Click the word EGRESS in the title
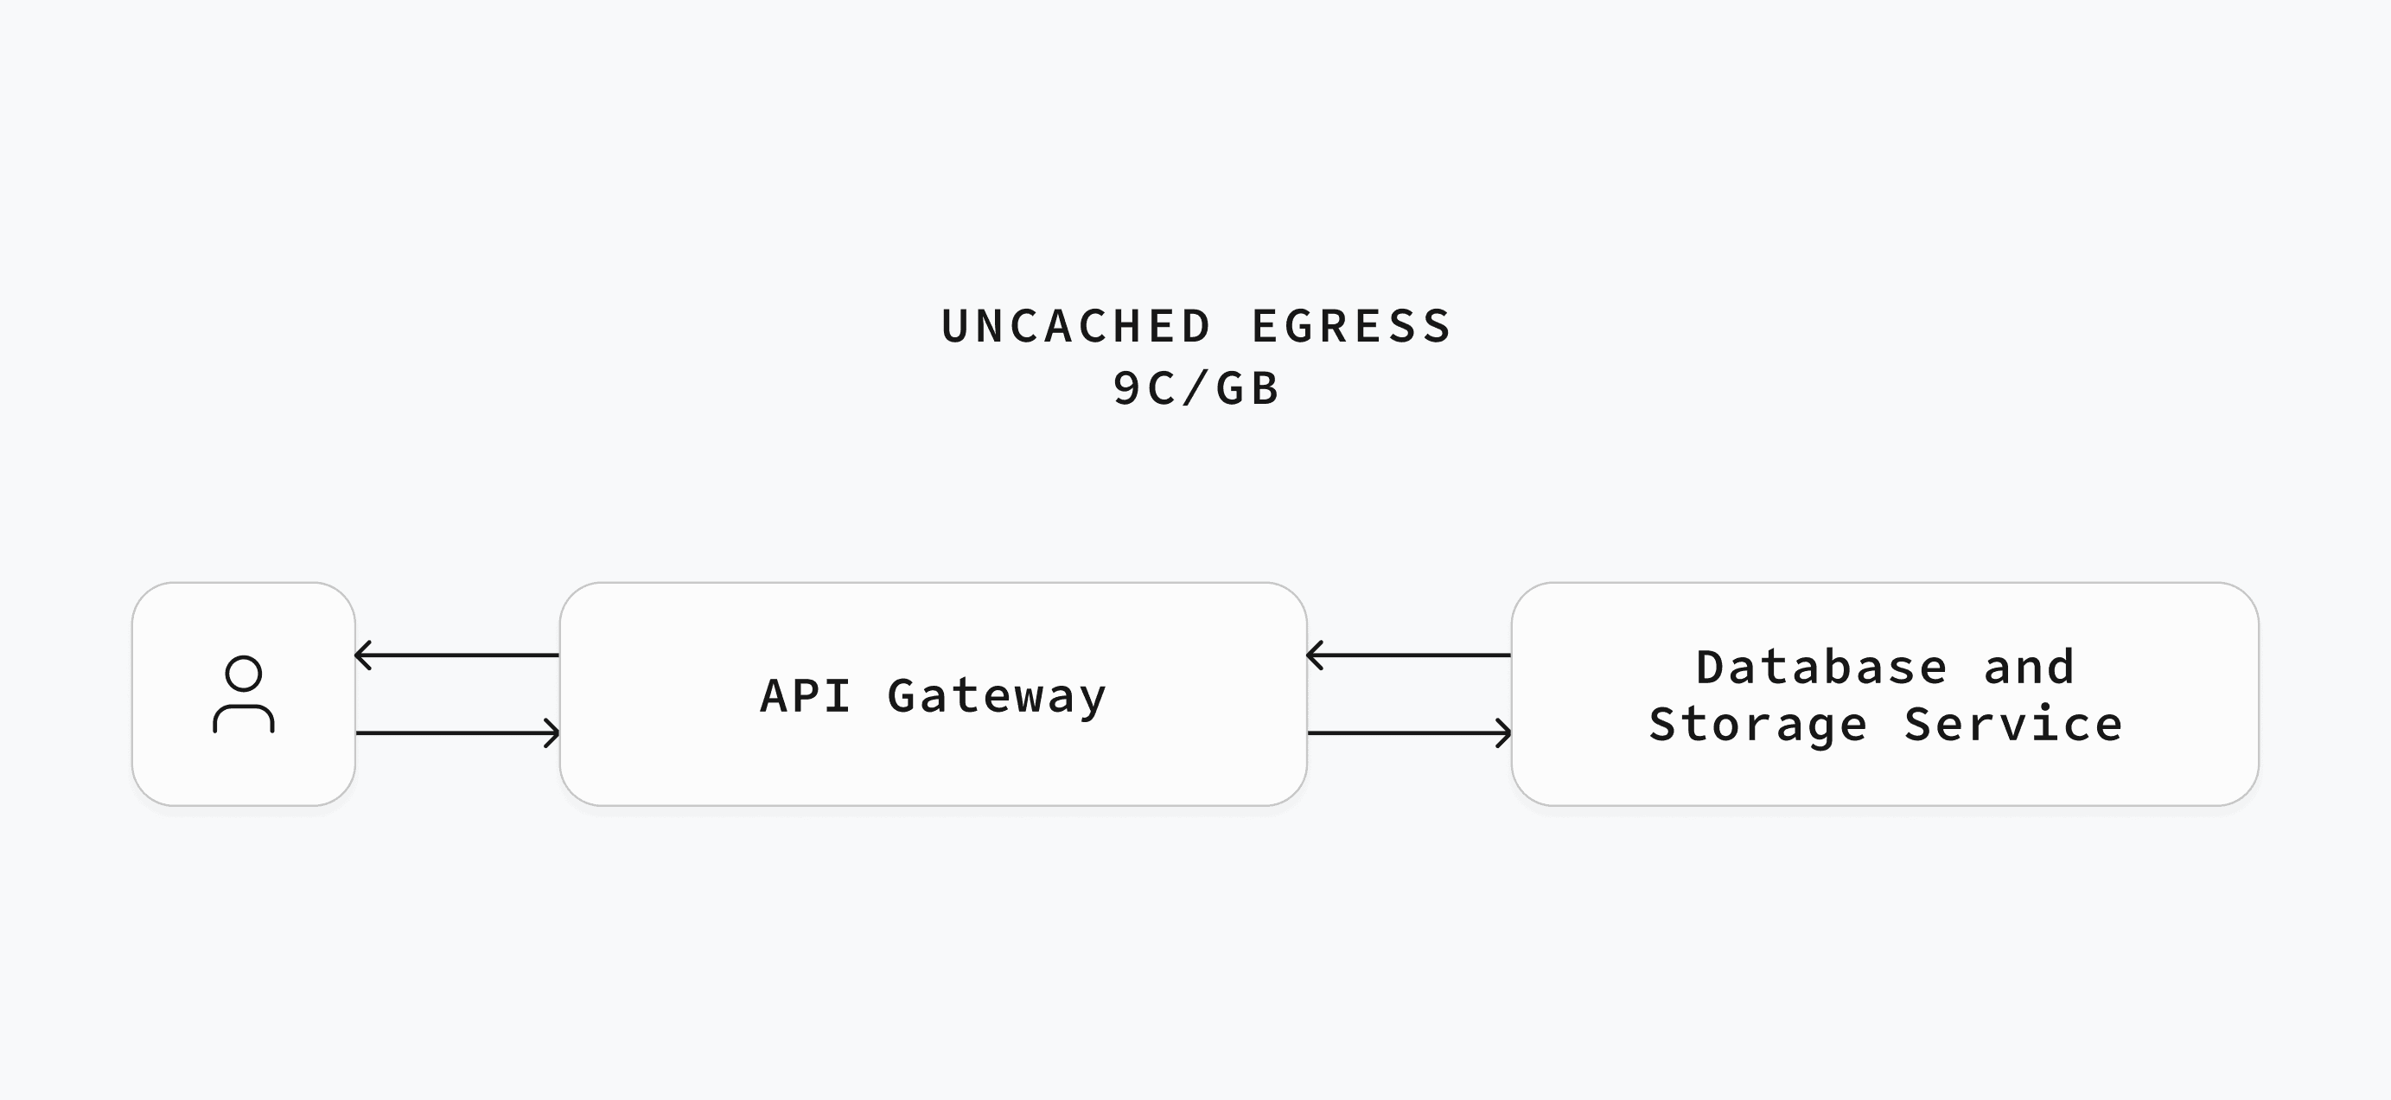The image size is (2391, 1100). click(x=1350, y=327)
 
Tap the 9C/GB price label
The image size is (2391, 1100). click(x=1196, y=388)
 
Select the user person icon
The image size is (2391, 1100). click(x=243, y=694)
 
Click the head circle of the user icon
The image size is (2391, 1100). click(x=243, y=657)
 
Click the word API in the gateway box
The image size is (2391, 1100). click(x=805, y=695)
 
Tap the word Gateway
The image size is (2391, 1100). click(x=997, y=697)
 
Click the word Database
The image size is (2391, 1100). click(x=1821, y=668)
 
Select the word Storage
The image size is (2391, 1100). click(x=1757, y=725)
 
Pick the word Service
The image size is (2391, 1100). click(x=2012, y=724)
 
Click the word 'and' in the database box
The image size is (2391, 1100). click(x=2028, y=668)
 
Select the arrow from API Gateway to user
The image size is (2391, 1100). click(x=457, y=656)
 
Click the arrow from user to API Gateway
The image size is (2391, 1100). click(x=457, y=733)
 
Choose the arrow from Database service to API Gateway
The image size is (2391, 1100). click(x=1409, y=656)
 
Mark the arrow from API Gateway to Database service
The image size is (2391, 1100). click(x=1409, y=733)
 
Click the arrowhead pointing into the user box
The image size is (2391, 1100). click(x=362, y=656)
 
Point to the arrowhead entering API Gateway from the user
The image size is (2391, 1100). click(x=553, y=733)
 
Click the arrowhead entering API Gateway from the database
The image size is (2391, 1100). click(x=1313, y=656)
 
